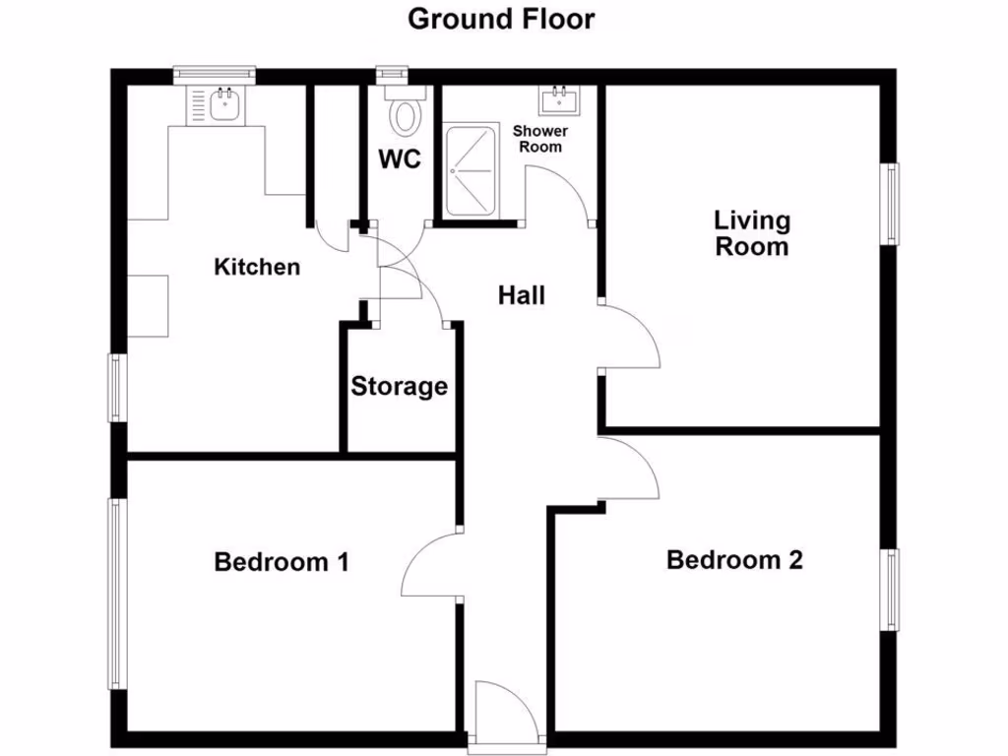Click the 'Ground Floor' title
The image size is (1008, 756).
(x=501, y=19)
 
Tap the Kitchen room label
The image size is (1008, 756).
(x=257, y=267)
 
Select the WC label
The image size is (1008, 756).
(x=400, y=159)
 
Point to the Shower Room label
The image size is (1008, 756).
(x=540, y=139)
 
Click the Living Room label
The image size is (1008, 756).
(x=752, y=233)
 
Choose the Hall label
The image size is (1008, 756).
(x=521, y=294)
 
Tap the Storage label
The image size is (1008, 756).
(x=400, y=387)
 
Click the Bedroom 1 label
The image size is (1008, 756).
(x=282, y=563)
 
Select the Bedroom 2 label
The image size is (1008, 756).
(x=734, y=560)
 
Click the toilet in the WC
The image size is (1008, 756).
(x=404, y=113)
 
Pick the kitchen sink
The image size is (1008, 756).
(x=226, y=101)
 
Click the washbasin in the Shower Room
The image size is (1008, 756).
(x=560, y=99)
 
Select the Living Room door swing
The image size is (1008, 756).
(x=629, y=337)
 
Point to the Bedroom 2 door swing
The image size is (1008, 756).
(x=630, y=471)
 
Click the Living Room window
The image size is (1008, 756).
(x=890, y=203)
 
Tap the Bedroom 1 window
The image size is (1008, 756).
(x=116, y=594)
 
